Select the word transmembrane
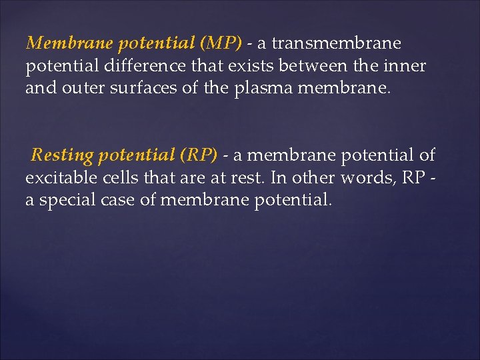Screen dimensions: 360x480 click(338, 43)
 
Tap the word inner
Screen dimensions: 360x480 click(407, 66)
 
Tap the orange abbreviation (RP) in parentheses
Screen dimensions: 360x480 click(197, 155)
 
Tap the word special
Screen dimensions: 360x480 click(70, 200)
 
